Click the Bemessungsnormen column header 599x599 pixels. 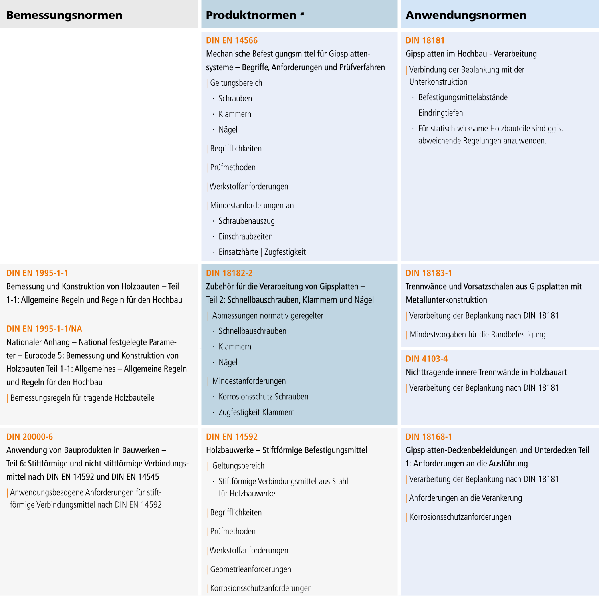coord(64,15)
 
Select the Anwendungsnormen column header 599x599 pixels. coord(466,15)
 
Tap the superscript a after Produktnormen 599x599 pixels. coord(302,14)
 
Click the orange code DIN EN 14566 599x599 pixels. coord(232,40)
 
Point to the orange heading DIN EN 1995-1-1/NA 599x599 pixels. coord(44,329)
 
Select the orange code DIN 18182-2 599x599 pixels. coord(229,273)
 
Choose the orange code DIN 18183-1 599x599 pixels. coord(429,273)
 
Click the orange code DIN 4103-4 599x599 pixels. coord(426,359)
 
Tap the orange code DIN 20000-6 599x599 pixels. coord(30,437)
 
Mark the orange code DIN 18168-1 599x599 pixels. coord(429,437)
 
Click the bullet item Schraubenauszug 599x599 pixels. coord(246,221)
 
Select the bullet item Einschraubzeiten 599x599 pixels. coord(245,236)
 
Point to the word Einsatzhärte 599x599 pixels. coord(238,252)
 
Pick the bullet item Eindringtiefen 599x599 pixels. coord(440,113)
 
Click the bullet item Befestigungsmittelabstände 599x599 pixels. coord(463,97)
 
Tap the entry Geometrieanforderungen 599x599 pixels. coord(250,569)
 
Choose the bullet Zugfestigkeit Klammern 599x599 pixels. coord(256,412)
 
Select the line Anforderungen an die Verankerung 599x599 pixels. coord(466,498)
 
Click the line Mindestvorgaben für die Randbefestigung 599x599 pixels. coord(477,335)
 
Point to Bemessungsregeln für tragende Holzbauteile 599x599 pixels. coord(82,398)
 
